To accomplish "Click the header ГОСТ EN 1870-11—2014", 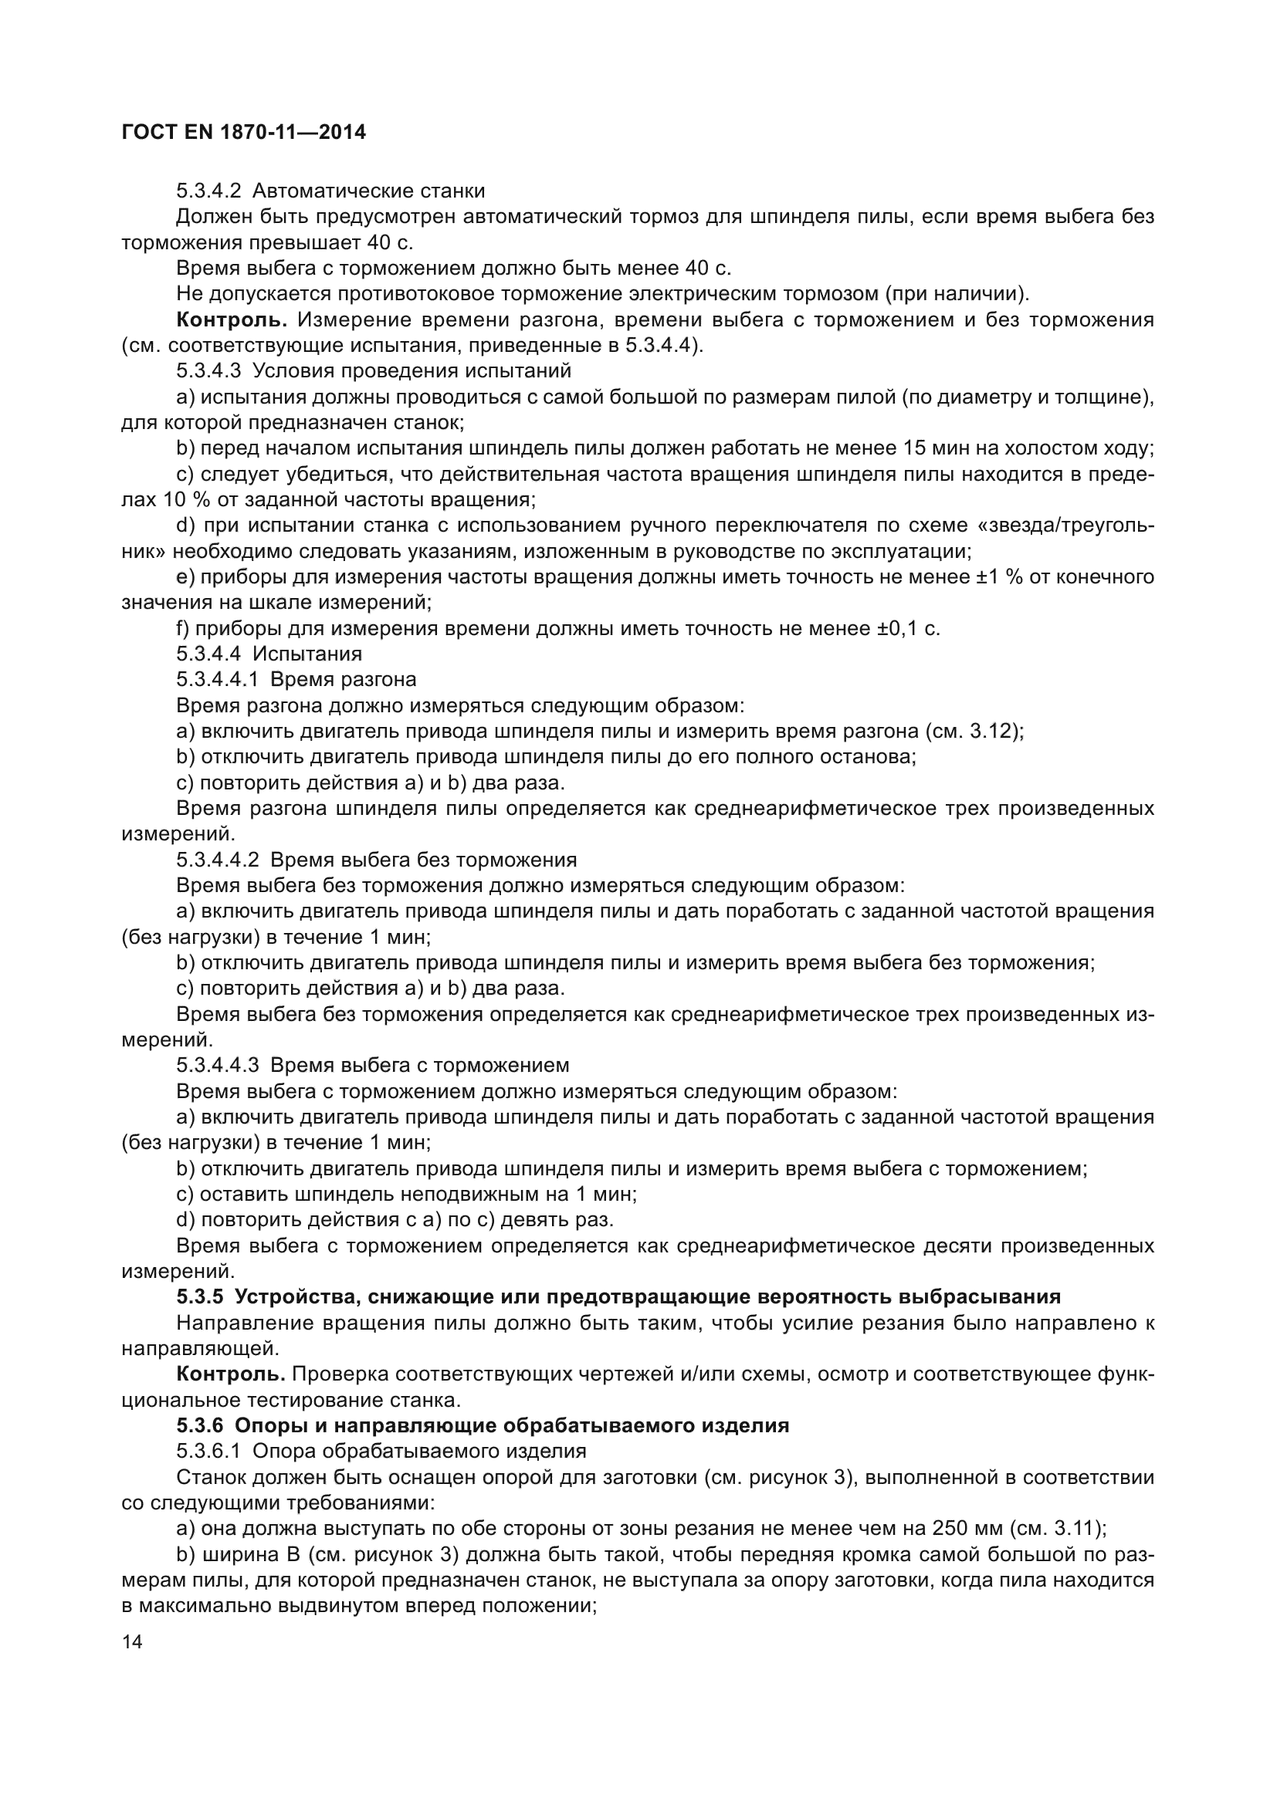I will (x=244, y=132).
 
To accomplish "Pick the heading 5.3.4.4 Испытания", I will (x=269, y=654).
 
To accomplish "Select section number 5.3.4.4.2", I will (x=218, y=860).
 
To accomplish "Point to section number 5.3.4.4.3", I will (x=218, y=1066).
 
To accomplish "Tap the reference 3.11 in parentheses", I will (x=1075, y=1529).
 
